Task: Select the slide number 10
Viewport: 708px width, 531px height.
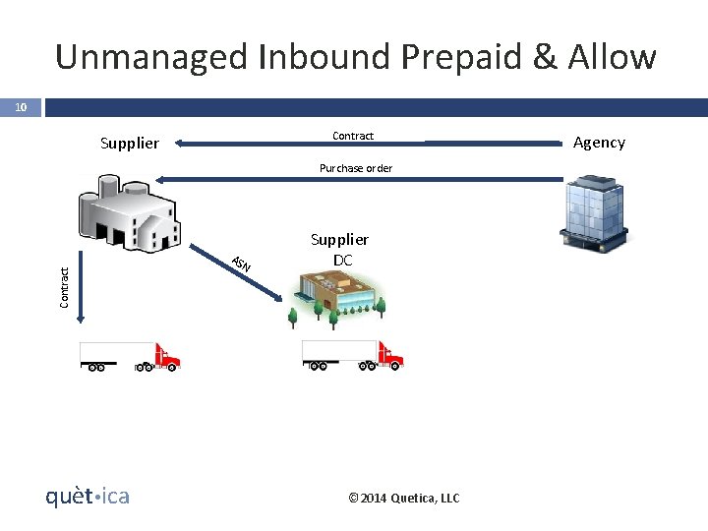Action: (x=20, y=106)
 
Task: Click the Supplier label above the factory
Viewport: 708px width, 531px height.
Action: (x=129, y=144)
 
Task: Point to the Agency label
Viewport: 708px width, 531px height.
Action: (x=599, y=143)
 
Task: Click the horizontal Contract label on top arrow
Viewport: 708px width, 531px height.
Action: (x=353, y=136)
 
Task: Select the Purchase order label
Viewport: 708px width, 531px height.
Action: (x=356, y=168)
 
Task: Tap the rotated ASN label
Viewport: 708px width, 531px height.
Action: (x=241, y=264)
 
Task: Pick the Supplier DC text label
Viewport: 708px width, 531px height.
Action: (x=339, y=250)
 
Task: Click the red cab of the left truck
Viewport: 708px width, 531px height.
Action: (x=165, y=355)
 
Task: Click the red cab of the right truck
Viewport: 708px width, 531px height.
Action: (x=389, y=354)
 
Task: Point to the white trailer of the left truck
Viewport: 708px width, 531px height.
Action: (x=116, y=351)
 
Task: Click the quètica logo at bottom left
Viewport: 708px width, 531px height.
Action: (x=88, y=496)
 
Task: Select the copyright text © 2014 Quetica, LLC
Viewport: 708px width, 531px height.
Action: (x=404, y=499)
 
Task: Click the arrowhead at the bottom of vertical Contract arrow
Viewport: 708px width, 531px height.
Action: (x=83, y=317)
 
